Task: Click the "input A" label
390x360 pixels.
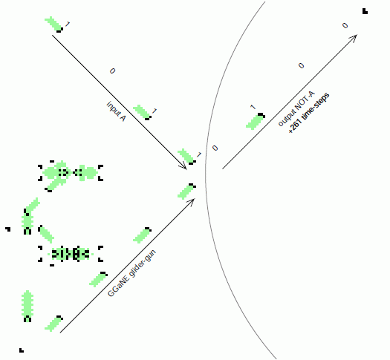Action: [116, 111]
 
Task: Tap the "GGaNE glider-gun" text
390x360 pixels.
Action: [131, 273]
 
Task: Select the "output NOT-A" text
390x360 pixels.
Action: [296, 108]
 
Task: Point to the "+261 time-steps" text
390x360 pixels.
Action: [309, 113]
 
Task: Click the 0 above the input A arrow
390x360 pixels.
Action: [112, 71]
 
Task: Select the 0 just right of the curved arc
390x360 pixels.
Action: [215, 148]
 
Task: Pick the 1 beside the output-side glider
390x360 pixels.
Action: [253, 107]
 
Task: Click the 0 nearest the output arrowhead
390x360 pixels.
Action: [345, 25]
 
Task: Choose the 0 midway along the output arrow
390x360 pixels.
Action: [301, 65]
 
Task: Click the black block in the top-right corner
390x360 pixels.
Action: [365, 11]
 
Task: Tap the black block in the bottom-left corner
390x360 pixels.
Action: [22, 350]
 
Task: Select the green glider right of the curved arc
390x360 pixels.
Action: [256, 121]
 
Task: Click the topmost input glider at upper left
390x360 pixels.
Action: [53, 24]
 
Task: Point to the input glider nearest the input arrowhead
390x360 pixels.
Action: [186, 157]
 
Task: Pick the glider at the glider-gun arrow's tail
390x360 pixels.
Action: [53, 324]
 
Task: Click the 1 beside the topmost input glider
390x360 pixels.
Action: [67, 24]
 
